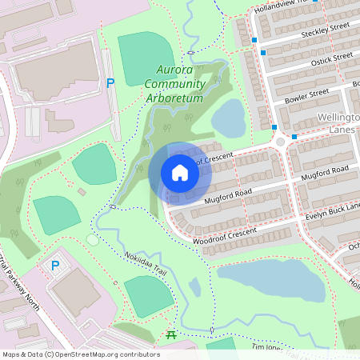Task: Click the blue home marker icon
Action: click(x=179, y=173)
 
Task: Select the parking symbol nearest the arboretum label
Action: click(x=110, y=82)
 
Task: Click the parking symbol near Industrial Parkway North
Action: click(x=55, y=266)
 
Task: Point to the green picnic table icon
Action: click(x=170, y=334)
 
